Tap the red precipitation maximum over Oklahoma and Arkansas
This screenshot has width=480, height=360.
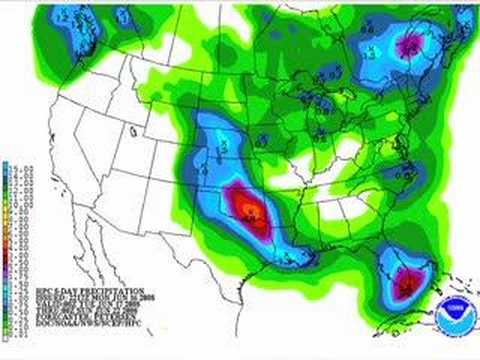click(x=251, y=209)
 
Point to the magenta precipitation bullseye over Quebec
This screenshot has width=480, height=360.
click(x=409, y=45)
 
